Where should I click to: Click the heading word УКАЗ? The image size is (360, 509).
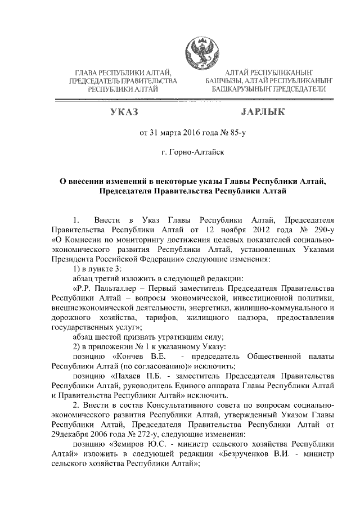click(125, 112)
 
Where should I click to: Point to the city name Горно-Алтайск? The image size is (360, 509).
click(195, 152)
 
